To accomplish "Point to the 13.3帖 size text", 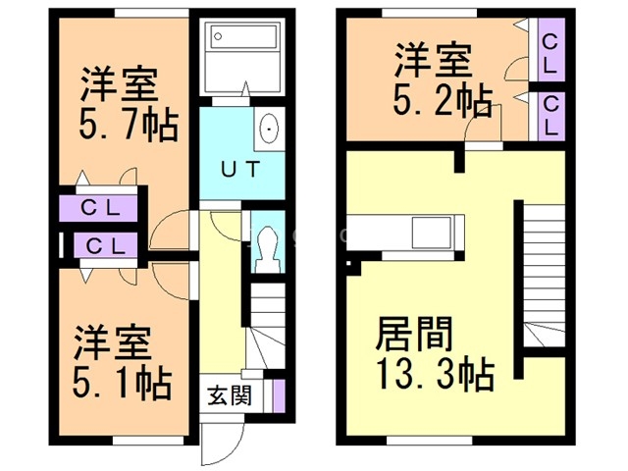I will pyautogui.click(x=434, y=374).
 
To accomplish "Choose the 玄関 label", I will pyautogui.click(x=228, y=396).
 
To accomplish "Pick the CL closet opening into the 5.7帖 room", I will pyautogui.click(x=102, y=208).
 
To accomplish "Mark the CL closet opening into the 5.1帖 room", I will pyautogui.click(x=102, y=245).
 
